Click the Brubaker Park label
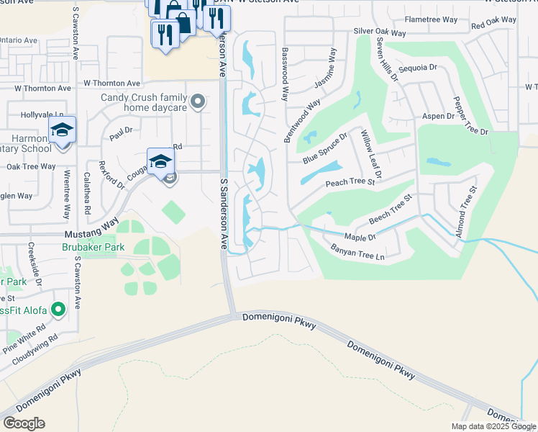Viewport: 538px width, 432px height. (x=93, y=247)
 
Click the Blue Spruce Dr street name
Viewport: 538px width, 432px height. (x=324, y=148)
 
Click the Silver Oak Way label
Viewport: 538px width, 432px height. (x=380, y=32)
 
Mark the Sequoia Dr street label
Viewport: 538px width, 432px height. (x=417, y=68)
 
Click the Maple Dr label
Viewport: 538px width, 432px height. (x=360, y=237)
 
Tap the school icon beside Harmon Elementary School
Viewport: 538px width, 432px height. (x=63, y=130)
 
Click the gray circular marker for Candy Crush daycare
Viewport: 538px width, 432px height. (x=196, y=102)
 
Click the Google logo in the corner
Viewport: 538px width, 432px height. (x=24, y=423)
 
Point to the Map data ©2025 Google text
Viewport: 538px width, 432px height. (x=493, y=426)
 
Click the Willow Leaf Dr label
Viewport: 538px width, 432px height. (x=371, y=153)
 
